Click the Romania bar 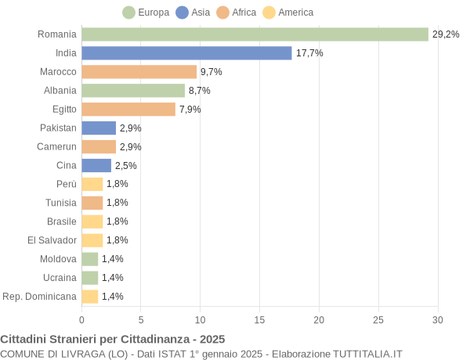coord(255,34)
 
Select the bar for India coord(186,53)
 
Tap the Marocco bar coord(139,72)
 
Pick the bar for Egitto coord(128,110)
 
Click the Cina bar coord(96,166)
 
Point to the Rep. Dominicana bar coord(90,297)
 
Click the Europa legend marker coord(128,13)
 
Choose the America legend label coord(295,13)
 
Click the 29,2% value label coord(446,34)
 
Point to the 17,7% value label coord(309,53)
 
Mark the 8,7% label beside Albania coord(200,91)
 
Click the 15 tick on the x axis coord(259,319)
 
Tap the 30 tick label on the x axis coord(438,319)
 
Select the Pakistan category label coord(58,128)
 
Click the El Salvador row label coord(52,240)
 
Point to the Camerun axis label coord(56,147)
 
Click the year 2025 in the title coord(211,339)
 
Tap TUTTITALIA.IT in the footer coord(367,354)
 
